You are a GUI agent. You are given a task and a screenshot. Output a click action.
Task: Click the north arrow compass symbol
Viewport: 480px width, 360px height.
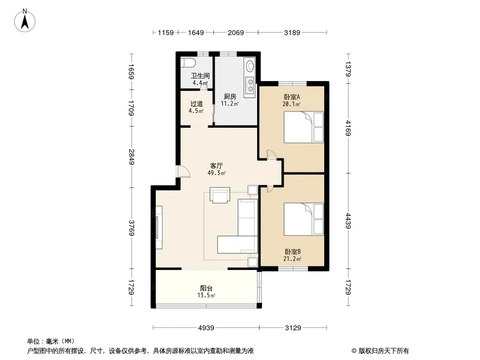tap(25, 21)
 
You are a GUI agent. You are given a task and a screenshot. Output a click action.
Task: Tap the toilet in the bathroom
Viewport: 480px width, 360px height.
tap(188, 63)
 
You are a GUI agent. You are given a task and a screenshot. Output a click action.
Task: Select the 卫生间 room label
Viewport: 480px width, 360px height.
tap(200, 76)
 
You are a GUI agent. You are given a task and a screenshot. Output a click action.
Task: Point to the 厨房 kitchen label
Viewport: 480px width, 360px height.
tap(230, 97)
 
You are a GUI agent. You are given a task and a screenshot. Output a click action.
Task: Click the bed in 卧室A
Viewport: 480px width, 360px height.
tap(303, 127)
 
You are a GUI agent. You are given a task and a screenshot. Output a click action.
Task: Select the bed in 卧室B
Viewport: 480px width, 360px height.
tap(303, 219)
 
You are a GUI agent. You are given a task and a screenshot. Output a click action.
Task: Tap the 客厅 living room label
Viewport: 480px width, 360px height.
tap(217, 166)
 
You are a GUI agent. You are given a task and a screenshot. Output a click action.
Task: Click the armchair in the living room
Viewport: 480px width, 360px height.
tap(220, 195)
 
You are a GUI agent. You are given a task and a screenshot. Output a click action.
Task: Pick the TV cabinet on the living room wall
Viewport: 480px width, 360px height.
tap(159, 227)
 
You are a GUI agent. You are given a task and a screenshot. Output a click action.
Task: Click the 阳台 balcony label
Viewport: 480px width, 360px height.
tap(206, 288)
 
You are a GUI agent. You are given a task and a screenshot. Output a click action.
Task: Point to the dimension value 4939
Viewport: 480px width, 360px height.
tap(206, 328)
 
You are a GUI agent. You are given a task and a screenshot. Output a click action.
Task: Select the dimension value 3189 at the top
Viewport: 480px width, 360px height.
tap(292, 32)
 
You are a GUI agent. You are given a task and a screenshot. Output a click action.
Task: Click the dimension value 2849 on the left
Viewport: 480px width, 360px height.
tap(131, 157)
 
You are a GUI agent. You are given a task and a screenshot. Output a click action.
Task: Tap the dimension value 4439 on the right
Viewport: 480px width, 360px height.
tap(348, 221)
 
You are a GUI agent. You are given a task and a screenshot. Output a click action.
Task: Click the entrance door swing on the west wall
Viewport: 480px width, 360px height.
tap(184, 171)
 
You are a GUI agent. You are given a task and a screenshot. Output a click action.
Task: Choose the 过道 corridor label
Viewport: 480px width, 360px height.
tap(196, 103)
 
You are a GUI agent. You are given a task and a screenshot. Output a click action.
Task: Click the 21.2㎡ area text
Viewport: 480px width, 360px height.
tap(292, 259)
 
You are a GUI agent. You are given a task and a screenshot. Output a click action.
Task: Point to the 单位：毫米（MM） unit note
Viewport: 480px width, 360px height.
tap(51, 341)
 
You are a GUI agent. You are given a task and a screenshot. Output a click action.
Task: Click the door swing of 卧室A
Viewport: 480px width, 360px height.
tap(271, 154)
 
